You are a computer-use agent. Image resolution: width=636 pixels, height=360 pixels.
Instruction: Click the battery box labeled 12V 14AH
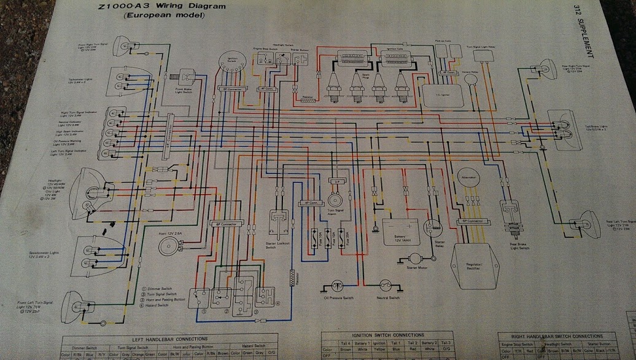point(401,232)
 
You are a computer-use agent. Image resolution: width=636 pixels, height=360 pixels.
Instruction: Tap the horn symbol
point(166,247)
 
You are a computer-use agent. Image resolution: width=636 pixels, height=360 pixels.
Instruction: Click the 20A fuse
point(349,237)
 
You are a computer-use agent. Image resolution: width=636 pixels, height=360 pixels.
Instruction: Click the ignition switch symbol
point(232,63)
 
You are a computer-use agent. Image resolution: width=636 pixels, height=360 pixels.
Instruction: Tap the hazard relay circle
point(471,78)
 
